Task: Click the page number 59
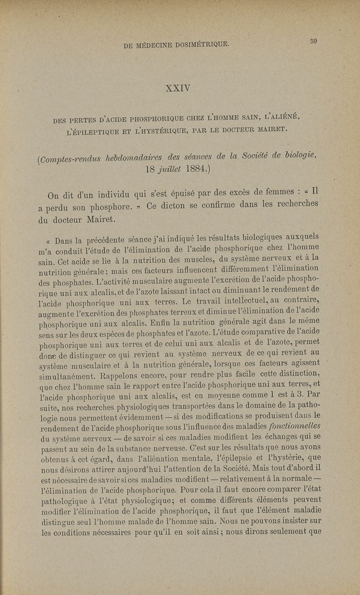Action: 314,41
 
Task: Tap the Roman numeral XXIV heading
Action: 180,86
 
